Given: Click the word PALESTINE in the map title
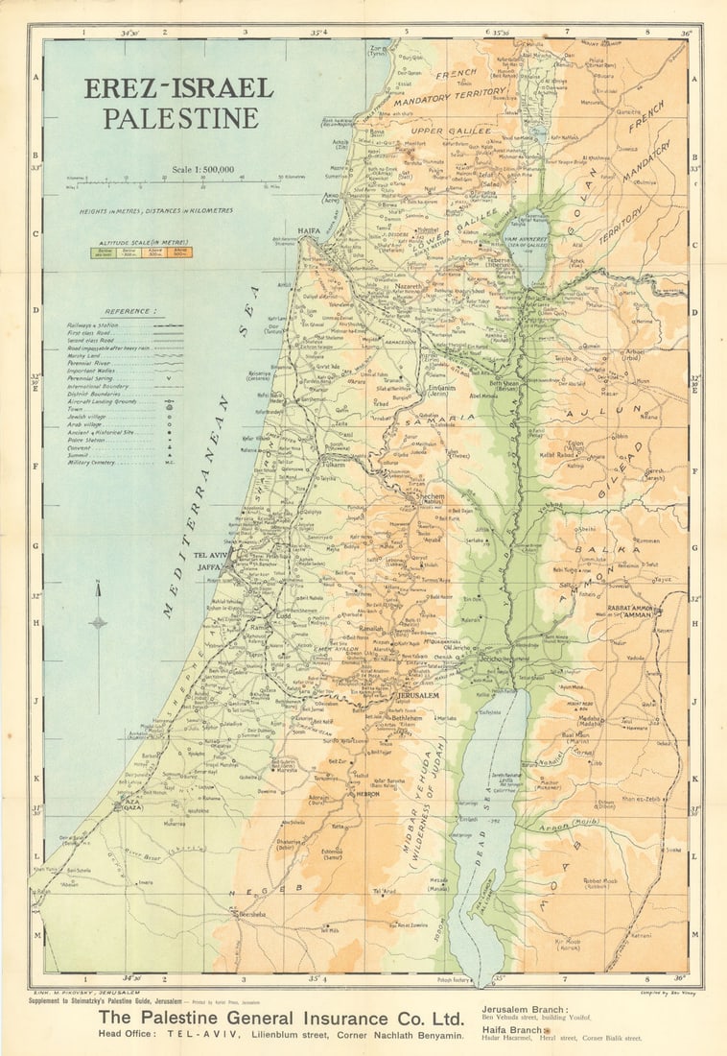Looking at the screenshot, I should coord(181,119).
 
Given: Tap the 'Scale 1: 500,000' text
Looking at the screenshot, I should coord(203,170).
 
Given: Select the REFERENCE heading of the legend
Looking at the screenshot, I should coord(131,311).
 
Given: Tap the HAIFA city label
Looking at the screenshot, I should coord(308,231).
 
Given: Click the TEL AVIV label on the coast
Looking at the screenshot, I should coord(213,556).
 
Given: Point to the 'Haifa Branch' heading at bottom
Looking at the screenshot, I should coord(513,1028).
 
